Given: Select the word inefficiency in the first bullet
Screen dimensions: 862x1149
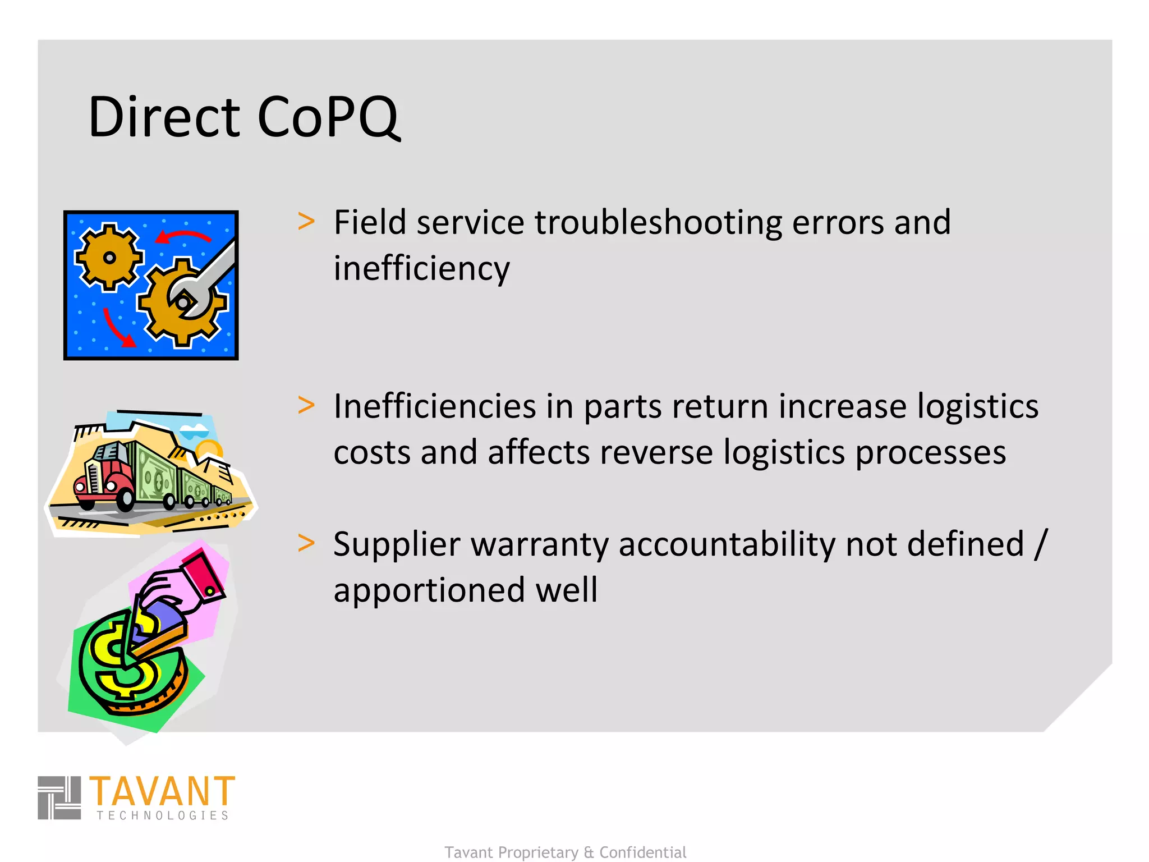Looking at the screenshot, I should (421, 269).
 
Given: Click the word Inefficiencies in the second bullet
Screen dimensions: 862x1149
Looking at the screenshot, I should (434, 406).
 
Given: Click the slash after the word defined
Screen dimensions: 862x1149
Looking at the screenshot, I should (1041, 544).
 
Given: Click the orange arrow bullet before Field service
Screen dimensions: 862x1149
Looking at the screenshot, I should (306, 221).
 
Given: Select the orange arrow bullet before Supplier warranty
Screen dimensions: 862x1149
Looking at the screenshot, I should (306, 543).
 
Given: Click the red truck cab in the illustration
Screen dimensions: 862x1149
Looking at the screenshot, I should (104, 477).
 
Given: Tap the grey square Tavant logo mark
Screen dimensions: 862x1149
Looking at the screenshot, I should (59, 797).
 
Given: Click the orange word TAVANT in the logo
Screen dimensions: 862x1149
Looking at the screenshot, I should (162, 791).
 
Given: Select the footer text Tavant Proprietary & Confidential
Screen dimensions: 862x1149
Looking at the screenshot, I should (566, 852).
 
